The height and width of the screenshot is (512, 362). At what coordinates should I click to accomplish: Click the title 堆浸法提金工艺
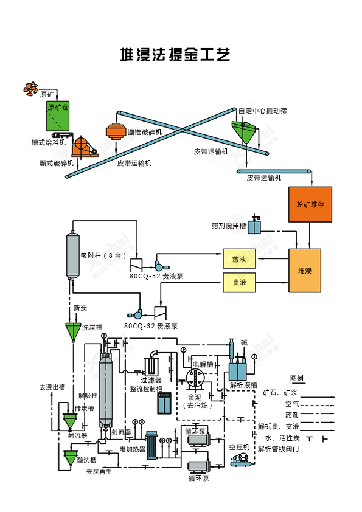pyautogui.click(x=175, y=55)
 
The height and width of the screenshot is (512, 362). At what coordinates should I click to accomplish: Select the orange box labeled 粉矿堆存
pyautogui.click(x=310, y=204)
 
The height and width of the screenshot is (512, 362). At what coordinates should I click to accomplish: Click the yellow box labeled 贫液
pyautogui.click(x=239, y=258)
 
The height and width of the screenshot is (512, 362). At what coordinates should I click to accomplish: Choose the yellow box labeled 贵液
pyautogui.click(x=239, y=282)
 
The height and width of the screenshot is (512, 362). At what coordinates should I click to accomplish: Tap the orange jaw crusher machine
pyautogui.click(x=83, y=147)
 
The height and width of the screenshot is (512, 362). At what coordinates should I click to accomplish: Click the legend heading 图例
pyautogui.click(x=296, y=378)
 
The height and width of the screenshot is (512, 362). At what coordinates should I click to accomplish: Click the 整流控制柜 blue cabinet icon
pyautogui.click(x=164, y=403)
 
